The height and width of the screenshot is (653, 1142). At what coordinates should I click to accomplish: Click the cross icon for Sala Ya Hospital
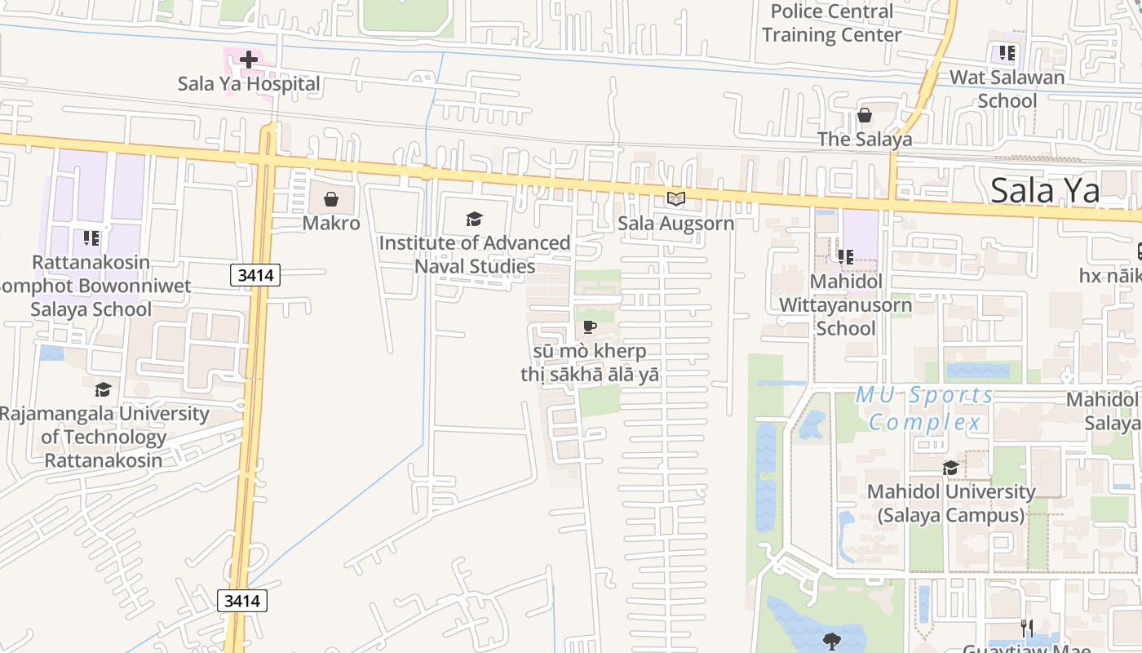[x=249, y=60]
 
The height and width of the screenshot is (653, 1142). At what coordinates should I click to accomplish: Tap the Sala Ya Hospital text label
[x=249, y=84]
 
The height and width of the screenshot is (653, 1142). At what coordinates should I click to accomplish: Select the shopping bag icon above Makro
[x=331, y=199]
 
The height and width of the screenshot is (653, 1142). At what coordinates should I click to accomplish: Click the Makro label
[x=331, y=223]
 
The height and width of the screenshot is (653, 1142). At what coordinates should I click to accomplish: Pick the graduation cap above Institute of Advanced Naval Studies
[x=474, y=219]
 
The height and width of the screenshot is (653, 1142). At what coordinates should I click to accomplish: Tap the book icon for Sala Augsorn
[x=675, y=198]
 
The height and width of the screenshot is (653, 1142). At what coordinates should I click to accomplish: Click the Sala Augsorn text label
[x=675, y=223]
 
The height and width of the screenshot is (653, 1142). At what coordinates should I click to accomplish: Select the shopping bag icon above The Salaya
[x=864, y=115]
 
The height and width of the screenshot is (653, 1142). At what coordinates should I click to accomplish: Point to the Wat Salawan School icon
[x=1007, y=54]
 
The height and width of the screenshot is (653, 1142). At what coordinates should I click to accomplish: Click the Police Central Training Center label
[x=832, y=23]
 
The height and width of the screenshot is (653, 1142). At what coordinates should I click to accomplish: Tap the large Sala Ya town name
[x=1045, y=190]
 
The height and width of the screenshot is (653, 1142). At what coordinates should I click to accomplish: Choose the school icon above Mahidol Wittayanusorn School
[x=845, y=257]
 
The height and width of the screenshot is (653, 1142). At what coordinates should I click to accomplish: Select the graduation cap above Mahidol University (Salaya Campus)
[x=950, y=468]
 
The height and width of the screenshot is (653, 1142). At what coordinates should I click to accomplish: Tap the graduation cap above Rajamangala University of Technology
[x=103, y=389]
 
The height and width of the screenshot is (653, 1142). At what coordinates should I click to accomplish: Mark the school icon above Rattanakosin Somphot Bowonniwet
[x=91, y=238]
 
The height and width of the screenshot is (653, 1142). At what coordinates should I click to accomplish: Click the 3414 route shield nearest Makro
[x=255, y=275]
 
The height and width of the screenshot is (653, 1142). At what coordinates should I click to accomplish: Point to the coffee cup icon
[x=589, y=327]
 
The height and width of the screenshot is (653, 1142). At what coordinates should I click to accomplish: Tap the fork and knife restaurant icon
[x=1027, y=628]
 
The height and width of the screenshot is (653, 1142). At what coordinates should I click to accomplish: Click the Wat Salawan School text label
[x=1007, y=89]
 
